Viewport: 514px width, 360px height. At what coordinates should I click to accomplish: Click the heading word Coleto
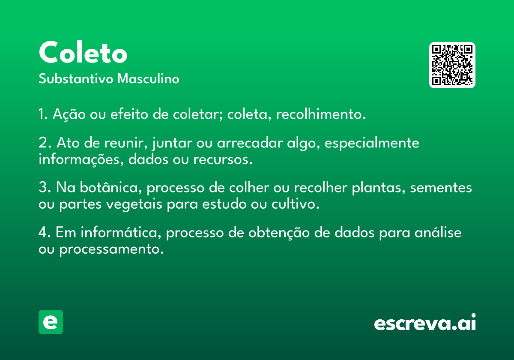coord(83,52)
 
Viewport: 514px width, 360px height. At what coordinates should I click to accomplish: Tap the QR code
coord(452,65)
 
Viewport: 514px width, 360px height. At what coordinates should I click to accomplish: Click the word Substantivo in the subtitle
coord(76,78)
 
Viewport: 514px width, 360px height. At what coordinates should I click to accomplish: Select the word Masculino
coord(148,78)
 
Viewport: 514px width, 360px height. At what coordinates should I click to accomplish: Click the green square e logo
coord(51,322)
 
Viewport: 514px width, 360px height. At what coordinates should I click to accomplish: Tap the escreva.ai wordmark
coord(425,322)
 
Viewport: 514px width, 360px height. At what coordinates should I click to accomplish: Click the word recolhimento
coord(321,114)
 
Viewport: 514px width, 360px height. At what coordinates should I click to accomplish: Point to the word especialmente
coord(372,143)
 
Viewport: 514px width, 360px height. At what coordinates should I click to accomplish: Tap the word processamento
coord(111,249)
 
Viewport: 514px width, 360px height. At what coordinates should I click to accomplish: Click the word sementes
coord(441,188)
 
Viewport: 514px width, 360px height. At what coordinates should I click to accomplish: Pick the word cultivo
coord(295,204)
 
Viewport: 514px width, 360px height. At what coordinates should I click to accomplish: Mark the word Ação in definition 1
coord(69,114)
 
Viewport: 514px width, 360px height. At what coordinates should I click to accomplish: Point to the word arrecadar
coord(250,143)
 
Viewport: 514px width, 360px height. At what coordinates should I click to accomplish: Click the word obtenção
coord(279,233)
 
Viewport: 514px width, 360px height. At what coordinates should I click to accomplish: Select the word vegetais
coord(134,204)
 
